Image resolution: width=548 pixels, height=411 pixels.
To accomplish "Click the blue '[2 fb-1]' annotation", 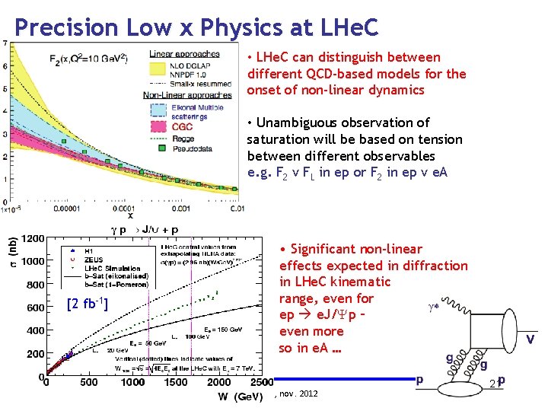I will [x=87, y=304].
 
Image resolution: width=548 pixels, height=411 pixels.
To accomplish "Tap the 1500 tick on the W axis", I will [x=132, y=382].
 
